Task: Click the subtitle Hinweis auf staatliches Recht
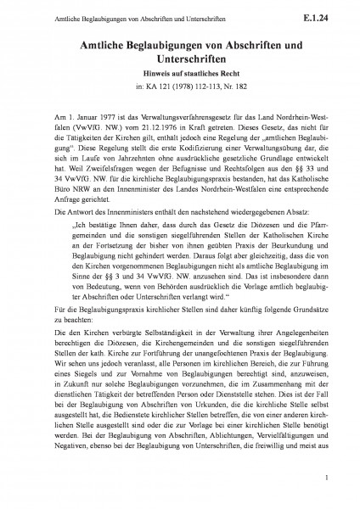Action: tap(179, 74)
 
